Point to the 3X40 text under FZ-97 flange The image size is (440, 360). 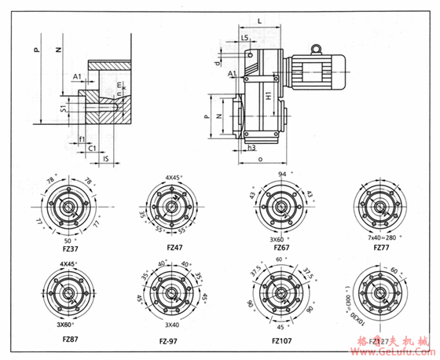pos(172,324)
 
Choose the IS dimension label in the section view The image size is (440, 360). pos(105,158)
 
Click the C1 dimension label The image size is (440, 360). pos(91,147)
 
